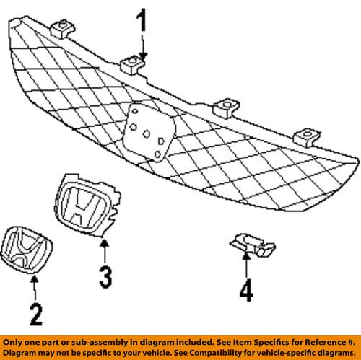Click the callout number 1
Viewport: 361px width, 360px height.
142,20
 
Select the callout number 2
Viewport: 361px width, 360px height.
36,315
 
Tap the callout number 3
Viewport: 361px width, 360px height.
105,277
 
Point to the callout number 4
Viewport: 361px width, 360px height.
246,290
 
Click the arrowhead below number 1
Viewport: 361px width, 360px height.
143,57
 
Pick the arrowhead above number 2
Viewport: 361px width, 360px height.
35,279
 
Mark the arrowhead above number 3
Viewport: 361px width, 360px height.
104,243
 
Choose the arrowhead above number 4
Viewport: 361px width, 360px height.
245,256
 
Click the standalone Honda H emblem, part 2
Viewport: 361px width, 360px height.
26,250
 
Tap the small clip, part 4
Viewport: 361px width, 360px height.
253,245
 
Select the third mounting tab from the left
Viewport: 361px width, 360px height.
226,108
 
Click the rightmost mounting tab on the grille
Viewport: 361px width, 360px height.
307,137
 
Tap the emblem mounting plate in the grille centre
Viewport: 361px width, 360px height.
149,132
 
